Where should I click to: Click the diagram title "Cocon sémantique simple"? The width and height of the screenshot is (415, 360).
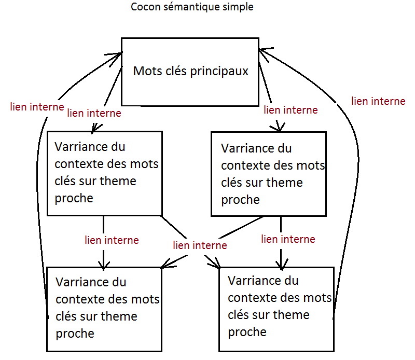click(192, 7)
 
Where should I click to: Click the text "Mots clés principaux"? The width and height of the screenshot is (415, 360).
click(190, 71)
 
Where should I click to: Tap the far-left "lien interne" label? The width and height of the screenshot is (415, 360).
click(37, 107)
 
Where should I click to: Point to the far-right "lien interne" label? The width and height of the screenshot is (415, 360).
click(378, 101)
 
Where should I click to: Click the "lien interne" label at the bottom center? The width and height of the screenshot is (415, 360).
click(200, 245)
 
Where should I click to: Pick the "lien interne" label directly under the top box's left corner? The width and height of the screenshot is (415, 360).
click(94, 113)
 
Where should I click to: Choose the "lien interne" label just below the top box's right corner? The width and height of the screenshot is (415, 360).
click(290, 110)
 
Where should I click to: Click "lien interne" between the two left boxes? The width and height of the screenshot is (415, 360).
click(112, 240)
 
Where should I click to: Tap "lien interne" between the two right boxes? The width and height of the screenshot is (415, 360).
click(288, 239)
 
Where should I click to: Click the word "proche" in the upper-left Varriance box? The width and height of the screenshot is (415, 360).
click(74, 199)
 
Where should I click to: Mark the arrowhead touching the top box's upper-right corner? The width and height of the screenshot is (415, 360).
click(265, 54)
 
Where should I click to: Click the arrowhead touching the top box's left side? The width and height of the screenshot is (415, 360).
click(113, 59)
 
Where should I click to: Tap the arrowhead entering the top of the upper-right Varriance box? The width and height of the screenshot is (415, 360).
click(278, 126)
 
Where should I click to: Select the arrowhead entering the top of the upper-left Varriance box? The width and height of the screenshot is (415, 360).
click(96, 128)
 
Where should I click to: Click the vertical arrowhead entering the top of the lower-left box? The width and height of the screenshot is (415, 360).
click(103, 265)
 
